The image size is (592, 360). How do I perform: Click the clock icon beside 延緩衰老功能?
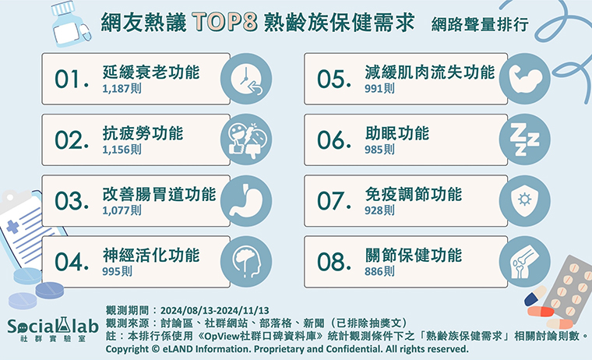click(246, 79)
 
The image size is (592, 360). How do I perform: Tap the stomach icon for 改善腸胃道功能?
click(246, 201)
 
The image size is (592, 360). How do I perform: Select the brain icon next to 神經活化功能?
click(246, 262)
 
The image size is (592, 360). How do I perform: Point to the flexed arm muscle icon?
click(525, 79)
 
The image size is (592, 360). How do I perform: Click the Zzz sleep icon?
click(525, 139)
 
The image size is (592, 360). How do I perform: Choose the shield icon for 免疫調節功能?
click(525, 201)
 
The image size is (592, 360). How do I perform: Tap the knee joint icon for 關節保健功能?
click(525, 262)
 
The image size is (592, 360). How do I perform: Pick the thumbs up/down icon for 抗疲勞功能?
click(246, 139)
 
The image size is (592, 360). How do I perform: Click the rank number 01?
click(72, 79)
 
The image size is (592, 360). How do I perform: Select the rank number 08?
click(334, 262)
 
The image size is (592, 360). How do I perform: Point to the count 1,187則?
click(122, 88)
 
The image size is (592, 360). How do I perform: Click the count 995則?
click(117, 271)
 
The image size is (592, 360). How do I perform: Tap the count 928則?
click(379, 210)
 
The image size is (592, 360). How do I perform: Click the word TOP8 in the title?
click(224, 22)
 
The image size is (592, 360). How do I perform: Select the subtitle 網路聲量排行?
click(480, 25)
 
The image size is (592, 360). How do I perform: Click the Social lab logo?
click(53, 330)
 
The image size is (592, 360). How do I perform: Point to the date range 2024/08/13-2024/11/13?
click(215, 310)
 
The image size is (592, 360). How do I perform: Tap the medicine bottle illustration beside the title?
click(71, 24)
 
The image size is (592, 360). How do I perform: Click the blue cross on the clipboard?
click(12, 226)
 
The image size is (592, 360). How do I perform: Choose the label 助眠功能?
click(396, 133)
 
